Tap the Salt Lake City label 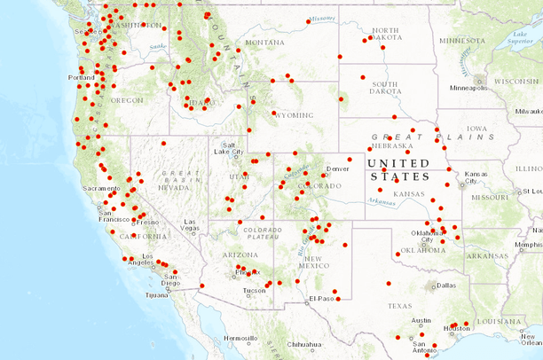click(229, 148)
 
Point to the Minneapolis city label click(468, 89)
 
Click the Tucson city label click(254, 291)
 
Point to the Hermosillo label click(240, 339)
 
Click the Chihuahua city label click(303, 344)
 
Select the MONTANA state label click(265, 42)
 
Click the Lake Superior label click(525, 37)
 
